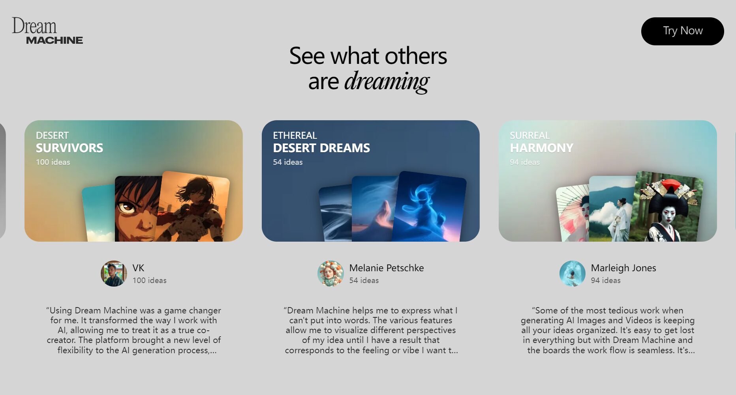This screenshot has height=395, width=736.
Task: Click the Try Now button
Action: [682, 31]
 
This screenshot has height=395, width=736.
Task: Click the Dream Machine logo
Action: [47, 31]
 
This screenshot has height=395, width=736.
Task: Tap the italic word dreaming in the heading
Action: [387, 82]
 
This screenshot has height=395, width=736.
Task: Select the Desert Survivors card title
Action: [69, 142]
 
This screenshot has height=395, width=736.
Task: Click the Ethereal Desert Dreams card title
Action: [321, 142]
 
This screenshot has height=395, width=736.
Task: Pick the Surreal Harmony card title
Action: [541, 142]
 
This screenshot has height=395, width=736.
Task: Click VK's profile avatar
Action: [114, 274]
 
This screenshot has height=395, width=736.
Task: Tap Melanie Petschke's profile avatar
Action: [330, 274]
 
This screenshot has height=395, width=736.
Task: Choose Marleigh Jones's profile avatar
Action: [572, 274]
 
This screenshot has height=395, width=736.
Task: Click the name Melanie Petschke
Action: [387, 268]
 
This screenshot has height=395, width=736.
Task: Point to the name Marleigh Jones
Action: [623, 268]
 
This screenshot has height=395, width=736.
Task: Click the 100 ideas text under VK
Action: [150, 280]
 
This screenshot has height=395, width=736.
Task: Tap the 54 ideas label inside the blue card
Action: [288, 162]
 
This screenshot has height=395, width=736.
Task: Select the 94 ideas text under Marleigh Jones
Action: [606, 280]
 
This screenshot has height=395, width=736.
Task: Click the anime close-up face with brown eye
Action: [136, 209]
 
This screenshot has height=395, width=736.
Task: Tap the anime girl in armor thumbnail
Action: [193, 207]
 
